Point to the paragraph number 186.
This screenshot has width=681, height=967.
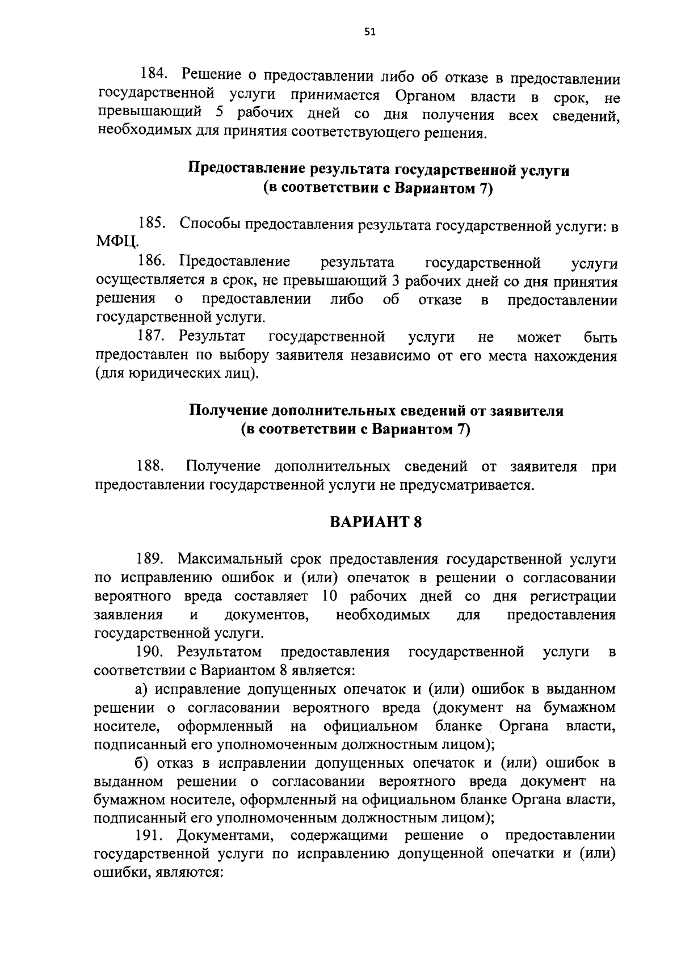(152, 262)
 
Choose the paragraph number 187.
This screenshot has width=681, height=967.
(152, 337)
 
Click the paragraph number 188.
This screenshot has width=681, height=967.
(150, 466)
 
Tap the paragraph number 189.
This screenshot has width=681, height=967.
(150, 559)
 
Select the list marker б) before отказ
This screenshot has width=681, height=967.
(142, 763)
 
